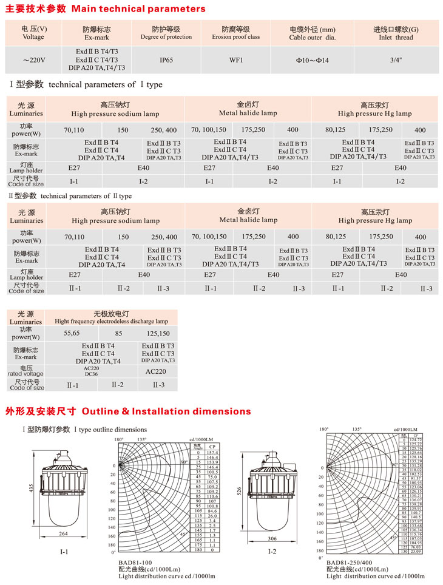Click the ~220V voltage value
coord(33,60)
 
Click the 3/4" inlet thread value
coord(395,60)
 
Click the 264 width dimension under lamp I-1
coord(63,534)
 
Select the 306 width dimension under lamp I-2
coord(272,538)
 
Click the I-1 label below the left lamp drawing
coord(64,552)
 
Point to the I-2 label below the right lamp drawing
coord(272,552)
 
